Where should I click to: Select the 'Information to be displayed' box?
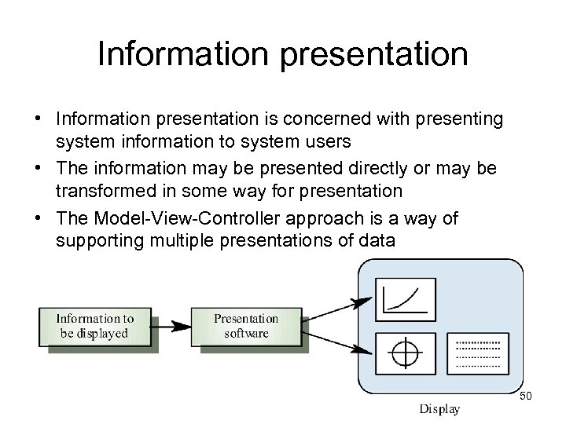[x=94, y=326]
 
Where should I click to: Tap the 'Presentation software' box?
[x=246, y=326]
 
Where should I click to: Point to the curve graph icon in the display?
[x=406, y=301]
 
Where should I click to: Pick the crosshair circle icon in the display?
[x=406, y=354]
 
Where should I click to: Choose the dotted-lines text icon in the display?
[x=477, y=354]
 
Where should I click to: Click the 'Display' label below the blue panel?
[x=439, y=408]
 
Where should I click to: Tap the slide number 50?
[x=526, y=396]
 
